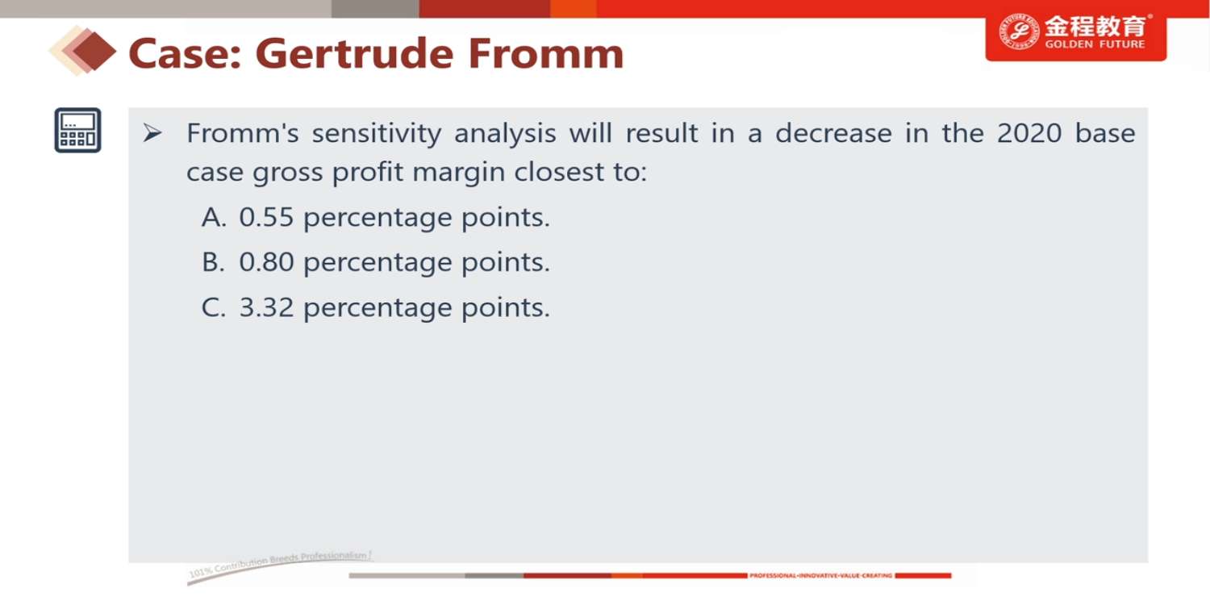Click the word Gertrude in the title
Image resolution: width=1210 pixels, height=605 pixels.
coord(354,54)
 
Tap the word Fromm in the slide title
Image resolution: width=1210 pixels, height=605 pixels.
coord(545,54)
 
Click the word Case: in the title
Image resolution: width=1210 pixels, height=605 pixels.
coord(185,55)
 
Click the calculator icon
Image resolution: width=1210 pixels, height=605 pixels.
coord(77,130)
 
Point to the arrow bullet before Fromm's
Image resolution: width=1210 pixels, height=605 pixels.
coord(152,133)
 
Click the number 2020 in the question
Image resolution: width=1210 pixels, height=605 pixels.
coord(1029,133)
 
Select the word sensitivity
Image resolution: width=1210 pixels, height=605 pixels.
coord(377,133)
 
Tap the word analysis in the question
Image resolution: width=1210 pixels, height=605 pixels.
coord(505,134)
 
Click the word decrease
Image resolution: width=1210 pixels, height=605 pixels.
coord(833,133)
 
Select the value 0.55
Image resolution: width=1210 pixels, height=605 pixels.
coord(266,217)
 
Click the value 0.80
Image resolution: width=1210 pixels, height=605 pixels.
coord(266,262)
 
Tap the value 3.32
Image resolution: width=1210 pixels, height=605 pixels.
coord(266,307)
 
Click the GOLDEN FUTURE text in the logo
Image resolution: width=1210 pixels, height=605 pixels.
coord(1095,44)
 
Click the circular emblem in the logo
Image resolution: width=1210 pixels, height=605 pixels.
coord(1019,32)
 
